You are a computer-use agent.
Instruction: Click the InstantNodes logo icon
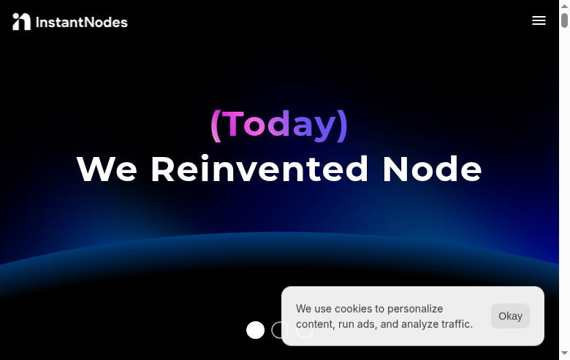pos(21,22)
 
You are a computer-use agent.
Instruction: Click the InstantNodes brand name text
pos(81,23)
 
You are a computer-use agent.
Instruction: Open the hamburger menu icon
pos(539,20)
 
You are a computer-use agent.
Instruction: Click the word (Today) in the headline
pos(279,123)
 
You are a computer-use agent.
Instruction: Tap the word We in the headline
pos(107,169)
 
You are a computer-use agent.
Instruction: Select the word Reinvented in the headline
pos(259,169)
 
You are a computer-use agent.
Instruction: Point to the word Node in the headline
pos(432,169)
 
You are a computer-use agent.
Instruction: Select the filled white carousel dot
pos(255,330)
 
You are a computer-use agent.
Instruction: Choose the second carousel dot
pos(280,330)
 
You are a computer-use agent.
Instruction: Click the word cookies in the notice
pos(354,309)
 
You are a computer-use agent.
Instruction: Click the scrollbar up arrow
pos(564,5)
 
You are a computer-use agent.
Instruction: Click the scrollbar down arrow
pos(564,354)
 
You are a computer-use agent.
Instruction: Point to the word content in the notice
pos(315,324)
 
